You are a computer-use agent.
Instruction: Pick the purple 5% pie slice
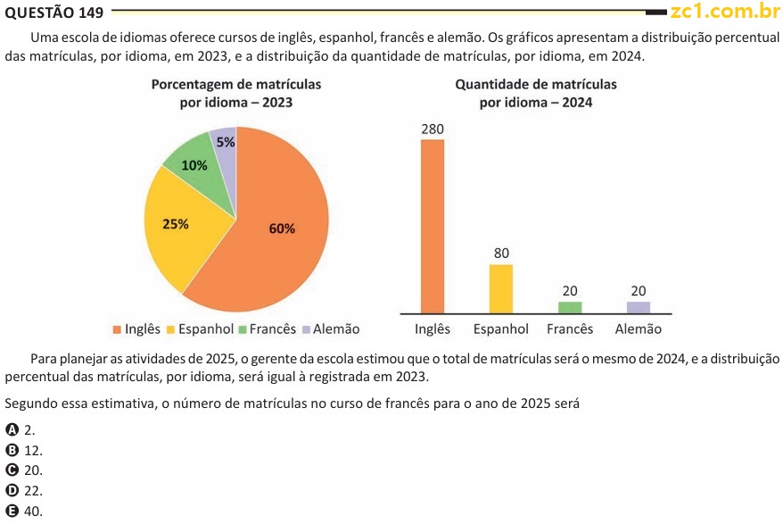coord(225,143)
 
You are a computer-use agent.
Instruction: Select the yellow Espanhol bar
coord(501,288)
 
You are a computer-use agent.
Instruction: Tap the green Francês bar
coord(570,307)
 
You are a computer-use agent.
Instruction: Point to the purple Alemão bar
coord(639,307)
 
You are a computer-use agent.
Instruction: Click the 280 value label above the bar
coord(433,129)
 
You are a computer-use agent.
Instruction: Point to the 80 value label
coord(501,254)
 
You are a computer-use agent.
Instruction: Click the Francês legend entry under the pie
coord(267,329)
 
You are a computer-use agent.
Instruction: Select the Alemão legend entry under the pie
coord(330,329)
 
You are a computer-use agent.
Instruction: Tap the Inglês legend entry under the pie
coord(136,329)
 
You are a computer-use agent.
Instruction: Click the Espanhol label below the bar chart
coord(501,329)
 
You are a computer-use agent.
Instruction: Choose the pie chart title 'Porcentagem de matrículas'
coord(236,84)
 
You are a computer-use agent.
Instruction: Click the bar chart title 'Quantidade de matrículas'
coord(536,84)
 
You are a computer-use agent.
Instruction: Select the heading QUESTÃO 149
coord(54,12)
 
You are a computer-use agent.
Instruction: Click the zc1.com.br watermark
coord(725,12)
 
